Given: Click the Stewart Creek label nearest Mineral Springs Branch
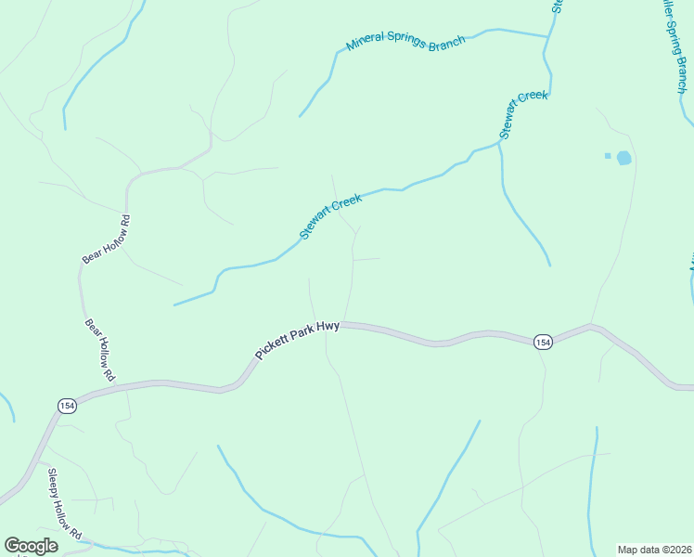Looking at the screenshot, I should click(x=525, y=114).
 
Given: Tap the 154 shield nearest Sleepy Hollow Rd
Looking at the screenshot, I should click(x=66, y=406).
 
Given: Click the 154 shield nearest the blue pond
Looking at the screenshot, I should click(x=544, y=343).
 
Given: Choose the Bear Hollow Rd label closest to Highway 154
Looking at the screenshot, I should click(x=99, y=350).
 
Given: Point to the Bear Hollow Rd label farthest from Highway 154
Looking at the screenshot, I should click(x=107, y=240).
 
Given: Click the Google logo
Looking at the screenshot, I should click(x=31, y=546).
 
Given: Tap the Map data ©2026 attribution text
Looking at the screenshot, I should click(x=654, y=550).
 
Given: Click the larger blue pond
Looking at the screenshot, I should click(x=623, y=158).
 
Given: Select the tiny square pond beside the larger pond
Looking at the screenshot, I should click(x=608, y=155).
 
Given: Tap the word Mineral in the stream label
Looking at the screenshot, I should click(x=365, y=42).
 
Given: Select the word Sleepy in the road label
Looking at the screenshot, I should click(x=57, y=485).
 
